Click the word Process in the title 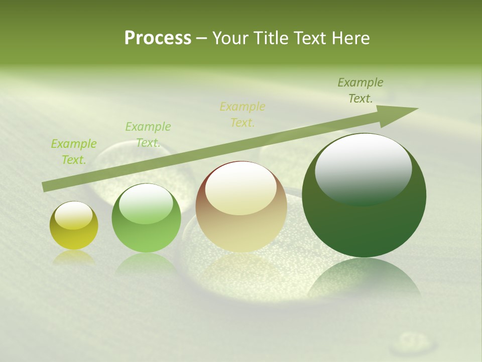point(158,38)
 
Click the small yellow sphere point(74,225)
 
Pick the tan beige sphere point(241,207)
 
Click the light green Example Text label point(148,135)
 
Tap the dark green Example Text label point(360,90)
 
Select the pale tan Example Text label point(242,114)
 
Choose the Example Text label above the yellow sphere point(73,151)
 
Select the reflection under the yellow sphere point(74,257)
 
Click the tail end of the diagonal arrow point(46,187)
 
